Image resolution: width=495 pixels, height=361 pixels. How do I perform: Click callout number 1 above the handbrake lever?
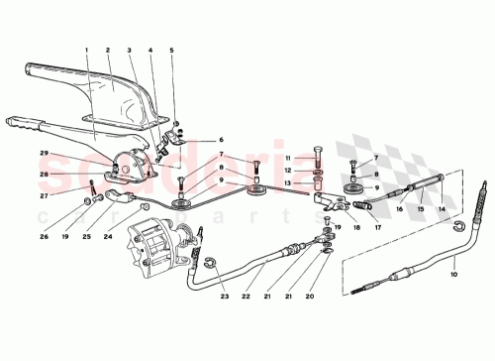(x=86, y=50)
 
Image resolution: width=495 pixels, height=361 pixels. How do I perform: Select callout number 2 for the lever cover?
(x=108, y=50)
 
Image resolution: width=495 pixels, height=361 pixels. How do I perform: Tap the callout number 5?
(x=171, y=50)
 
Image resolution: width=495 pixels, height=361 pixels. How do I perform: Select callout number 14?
(x=443, y=209)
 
